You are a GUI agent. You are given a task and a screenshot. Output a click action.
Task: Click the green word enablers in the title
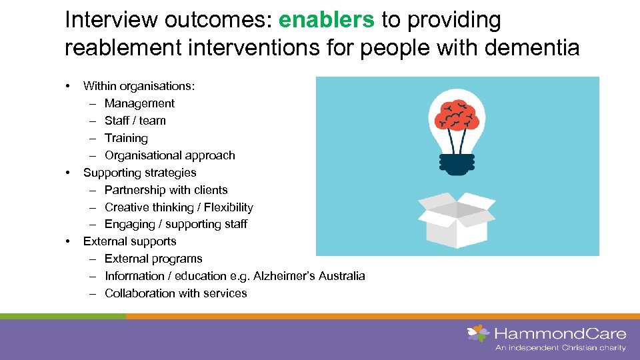[327, 21]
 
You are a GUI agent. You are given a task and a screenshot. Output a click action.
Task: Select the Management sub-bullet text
[139, 103]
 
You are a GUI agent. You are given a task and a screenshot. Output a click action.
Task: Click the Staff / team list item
[135, 121]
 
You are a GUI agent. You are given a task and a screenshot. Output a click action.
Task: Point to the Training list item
[126, 138]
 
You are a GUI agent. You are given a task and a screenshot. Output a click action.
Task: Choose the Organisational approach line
[170, 155]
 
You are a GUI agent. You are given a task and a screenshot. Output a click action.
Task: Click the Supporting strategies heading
[139, 173]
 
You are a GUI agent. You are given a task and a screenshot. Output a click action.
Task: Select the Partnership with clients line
[166, 190]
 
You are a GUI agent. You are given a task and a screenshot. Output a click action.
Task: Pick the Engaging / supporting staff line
[176, 224]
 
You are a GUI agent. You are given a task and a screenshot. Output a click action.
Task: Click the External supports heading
[130, 241]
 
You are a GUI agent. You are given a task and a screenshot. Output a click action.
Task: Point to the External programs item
[153, 259]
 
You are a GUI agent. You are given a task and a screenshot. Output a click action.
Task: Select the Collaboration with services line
[176, 293]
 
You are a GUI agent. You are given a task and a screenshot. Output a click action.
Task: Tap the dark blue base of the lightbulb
[457, 163]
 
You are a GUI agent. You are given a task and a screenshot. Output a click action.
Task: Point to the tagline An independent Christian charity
[560, 348]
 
